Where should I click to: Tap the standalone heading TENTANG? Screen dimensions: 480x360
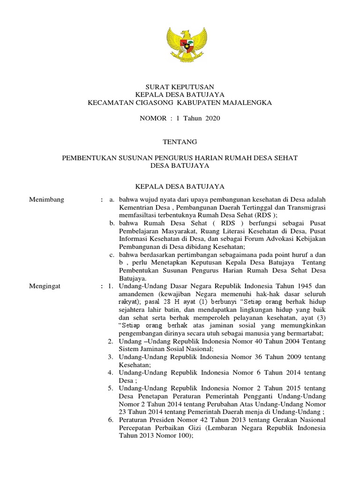pos(180,142)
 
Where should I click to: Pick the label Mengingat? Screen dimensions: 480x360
pos(45,285)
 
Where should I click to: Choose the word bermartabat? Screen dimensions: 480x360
pos(305,332)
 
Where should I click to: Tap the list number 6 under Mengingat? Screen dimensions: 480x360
pos(110,419)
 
